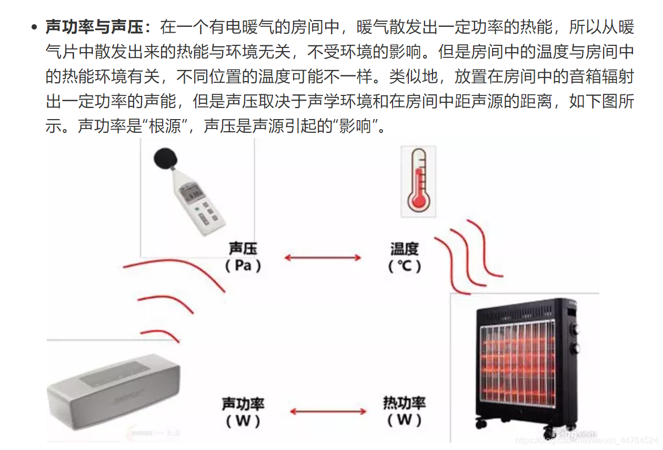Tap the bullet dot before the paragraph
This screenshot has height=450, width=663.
click(x=35, y=27)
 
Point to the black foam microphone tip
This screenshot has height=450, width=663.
click(x=166, y=159)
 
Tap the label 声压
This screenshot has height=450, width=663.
click(x=243, y=248)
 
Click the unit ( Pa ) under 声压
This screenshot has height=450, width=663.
click(x=243, y=266)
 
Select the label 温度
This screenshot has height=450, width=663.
click(x=404, y=248)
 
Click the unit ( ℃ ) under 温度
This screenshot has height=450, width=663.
click(x=404, y=266)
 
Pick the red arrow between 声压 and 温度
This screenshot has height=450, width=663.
click(x=323, y=258)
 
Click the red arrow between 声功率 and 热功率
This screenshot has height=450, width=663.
click(x=323, y=412)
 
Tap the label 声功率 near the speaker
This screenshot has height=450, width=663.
click(x=243, y=404)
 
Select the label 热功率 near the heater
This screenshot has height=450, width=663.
click(x=404, y=404)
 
